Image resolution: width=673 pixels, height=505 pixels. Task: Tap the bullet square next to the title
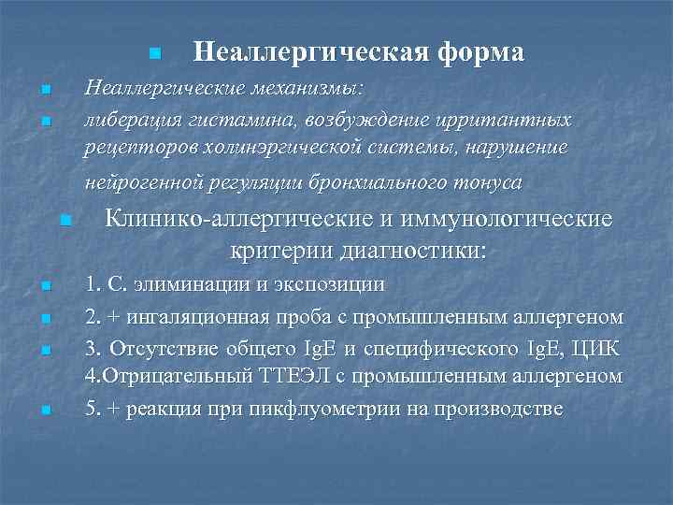[x=155, y=51]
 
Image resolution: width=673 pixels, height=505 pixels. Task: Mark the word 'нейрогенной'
[x=138, y=181]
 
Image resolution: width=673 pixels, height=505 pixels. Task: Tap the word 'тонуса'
[x=487, y=181]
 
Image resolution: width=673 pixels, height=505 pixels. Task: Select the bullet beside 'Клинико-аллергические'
[x=64, y=221]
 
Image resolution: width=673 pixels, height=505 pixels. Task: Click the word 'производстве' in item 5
[x=504, y=410]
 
